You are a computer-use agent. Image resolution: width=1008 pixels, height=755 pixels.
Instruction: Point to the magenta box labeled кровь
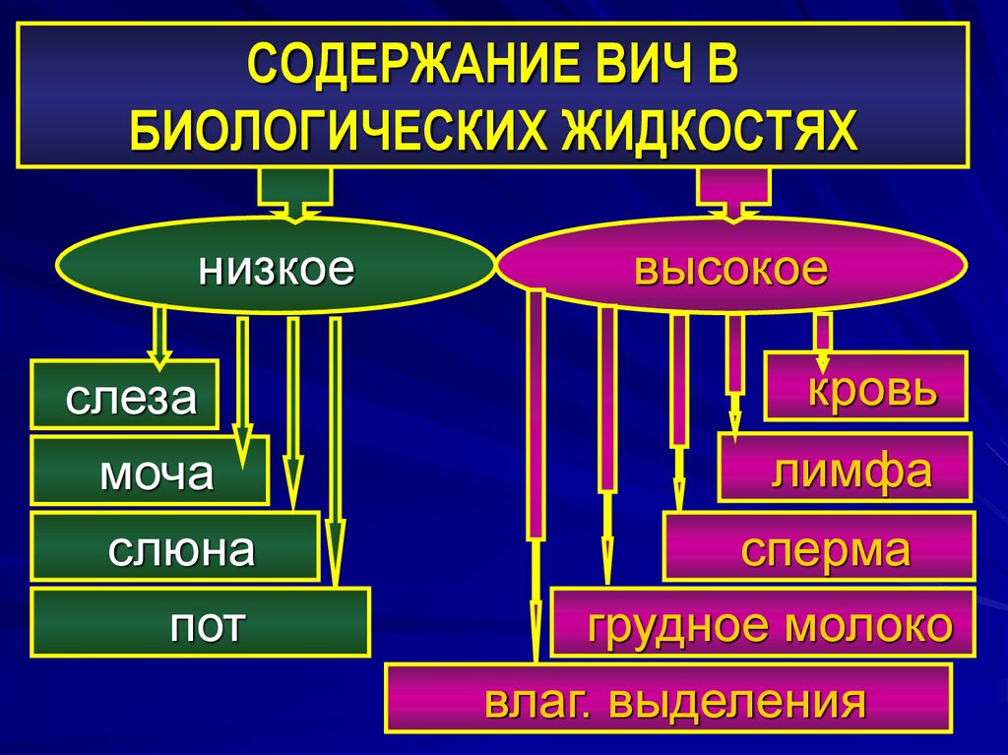click(x=866, y=387)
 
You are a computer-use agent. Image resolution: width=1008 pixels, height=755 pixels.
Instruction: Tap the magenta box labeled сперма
click(x=819, y=546)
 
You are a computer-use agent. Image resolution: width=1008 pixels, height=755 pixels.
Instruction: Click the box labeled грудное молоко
click(x=763, y=623)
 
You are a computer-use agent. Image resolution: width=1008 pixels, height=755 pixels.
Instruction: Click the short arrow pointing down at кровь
click(x=823, y=335)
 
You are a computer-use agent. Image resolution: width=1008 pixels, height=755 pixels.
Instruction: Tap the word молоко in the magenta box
click(x=873, y=624)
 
